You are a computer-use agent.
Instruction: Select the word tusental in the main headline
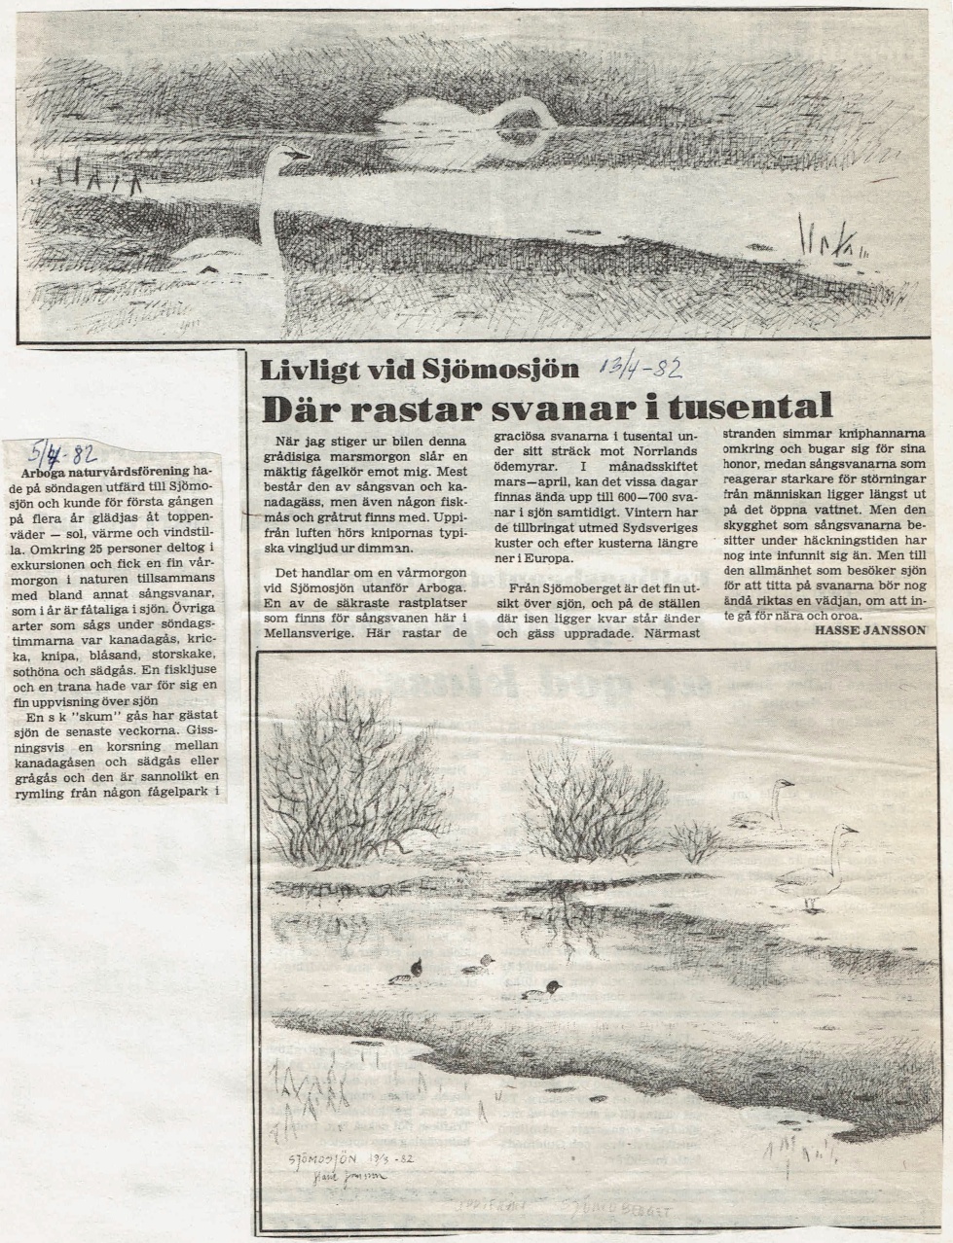750,405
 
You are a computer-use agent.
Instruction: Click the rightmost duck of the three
541,990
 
